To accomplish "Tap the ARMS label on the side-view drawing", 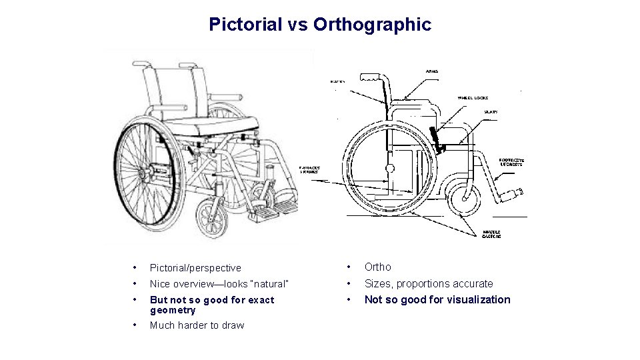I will pyautogui.click(x=431, y=71).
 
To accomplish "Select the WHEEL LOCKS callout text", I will pyautogui.click(x=473, y=98).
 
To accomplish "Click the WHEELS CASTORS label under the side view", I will pyautogui.click(x=492, y=234).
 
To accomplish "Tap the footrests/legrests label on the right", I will pyautogui.click(x=512, y=161).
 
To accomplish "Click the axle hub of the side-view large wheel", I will pyautogui.click(x=390, y=167).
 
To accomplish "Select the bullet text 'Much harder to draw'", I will pyautogui.click(x=197, y=325).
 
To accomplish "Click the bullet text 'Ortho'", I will pyautogui.click(x=378, y=267).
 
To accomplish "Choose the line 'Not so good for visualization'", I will pyautogui.click(x=437, y=299).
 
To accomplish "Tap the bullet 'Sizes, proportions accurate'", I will pyautogui.click(x=429, y=283).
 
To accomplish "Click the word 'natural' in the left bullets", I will pyautogui.click(x=267, y=284).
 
